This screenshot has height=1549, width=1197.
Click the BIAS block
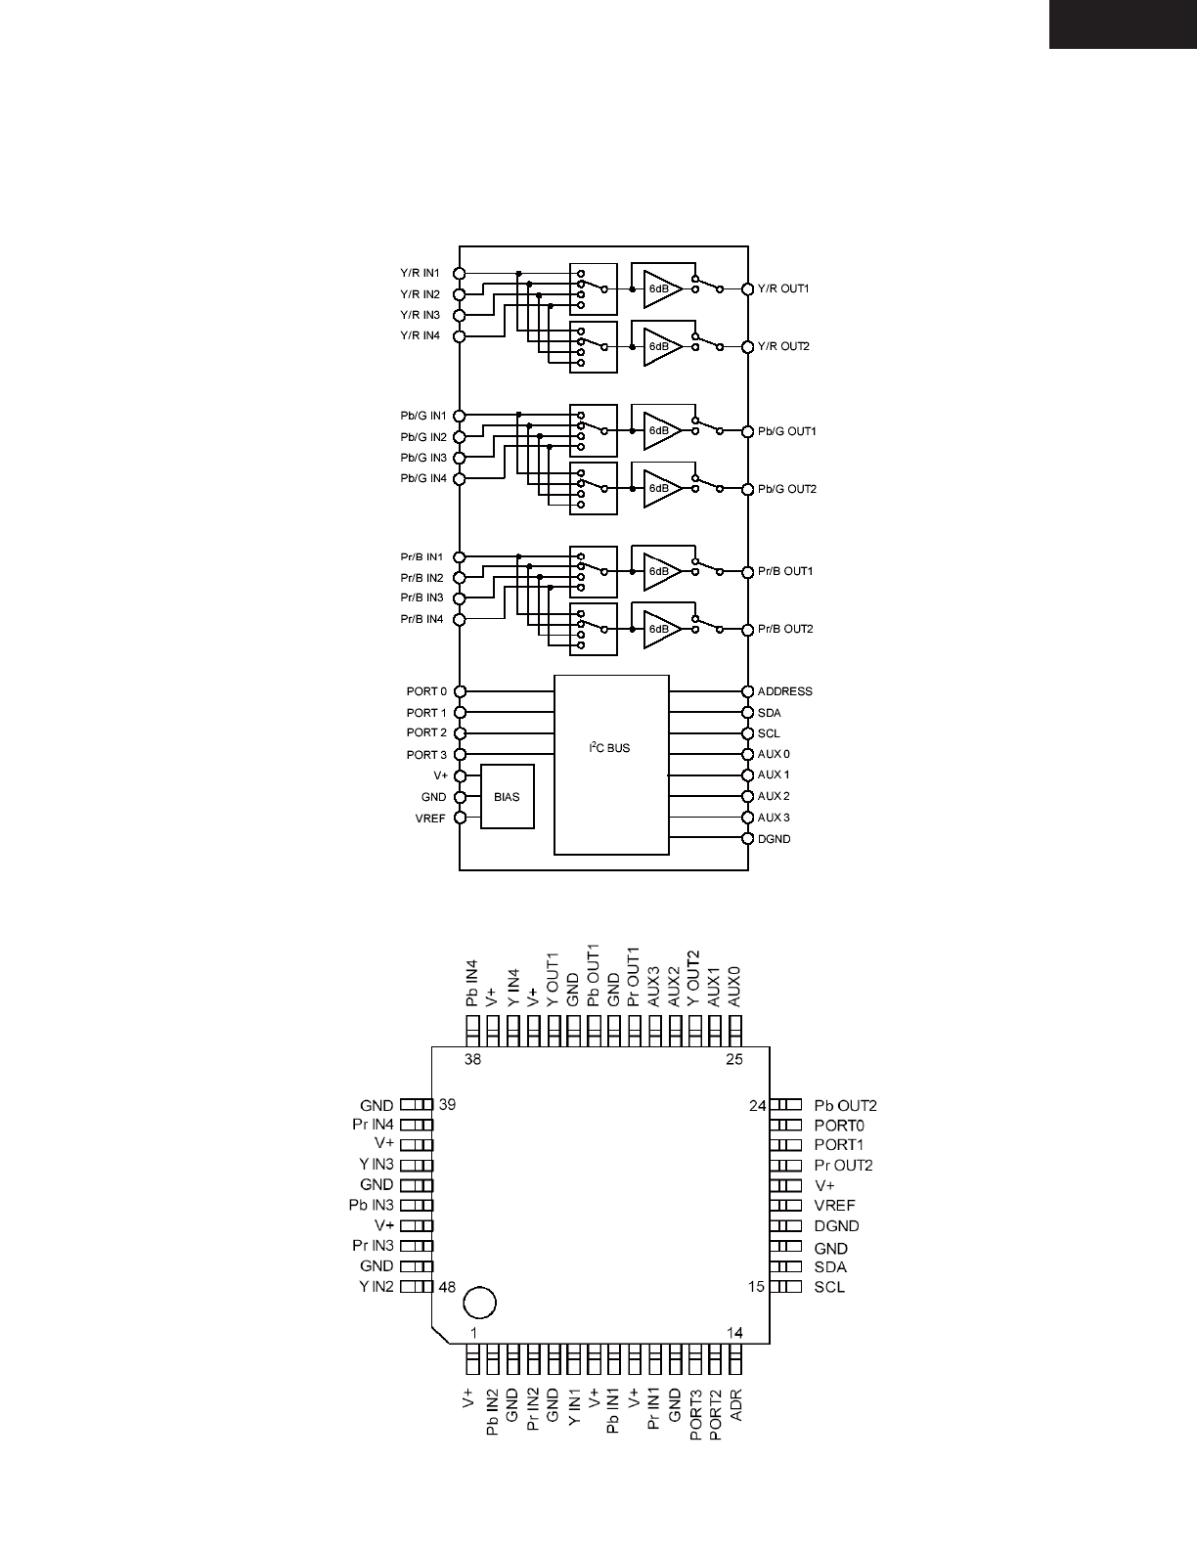(x=507, y=797)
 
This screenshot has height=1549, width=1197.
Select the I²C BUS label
(x=609, y=748)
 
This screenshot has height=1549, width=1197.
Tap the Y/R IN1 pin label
(x=420, y=273)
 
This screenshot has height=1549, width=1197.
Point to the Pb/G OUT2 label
(x=786, y=489)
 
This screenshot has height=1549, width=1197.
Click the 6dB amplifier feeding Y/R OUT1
(x=662, y=288)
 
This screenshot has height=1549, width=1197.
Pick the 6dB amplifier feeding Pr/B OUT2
(x=662, y=629)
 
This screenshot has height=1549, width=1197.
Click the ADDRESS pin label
(x=784, y=691)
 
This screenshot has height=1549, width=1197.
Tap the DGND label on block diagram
(x=774, y=839)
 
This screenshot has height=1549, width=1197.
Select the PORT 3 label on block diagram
(x=426, y=755)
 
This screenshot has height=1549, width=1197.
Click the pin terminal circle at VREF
(x=460, y=819)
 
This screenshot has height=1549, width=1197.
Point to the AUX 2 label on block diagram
(x=773, y=796)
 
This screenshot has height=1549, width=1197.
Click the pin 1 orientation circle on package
(x=479, y=1303)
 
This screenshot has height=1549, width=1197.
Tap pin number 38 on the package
(x=473, y=1059)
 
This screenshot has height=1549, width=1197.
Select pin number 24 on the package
(x=758, y=1106)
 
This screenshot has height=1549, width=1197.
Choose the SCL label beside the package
(x=829, y=1287)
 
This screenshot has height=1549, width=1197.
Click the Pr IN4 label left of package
(x=373, y=1125)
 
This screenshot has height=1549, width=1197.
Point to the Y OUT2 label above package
(x=694, y=979)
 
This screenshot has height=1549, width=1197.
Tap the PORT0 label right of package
(x=839, y=1126)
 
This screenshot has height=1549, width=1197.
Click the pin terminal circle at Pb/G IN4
(x=460, y=479)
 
